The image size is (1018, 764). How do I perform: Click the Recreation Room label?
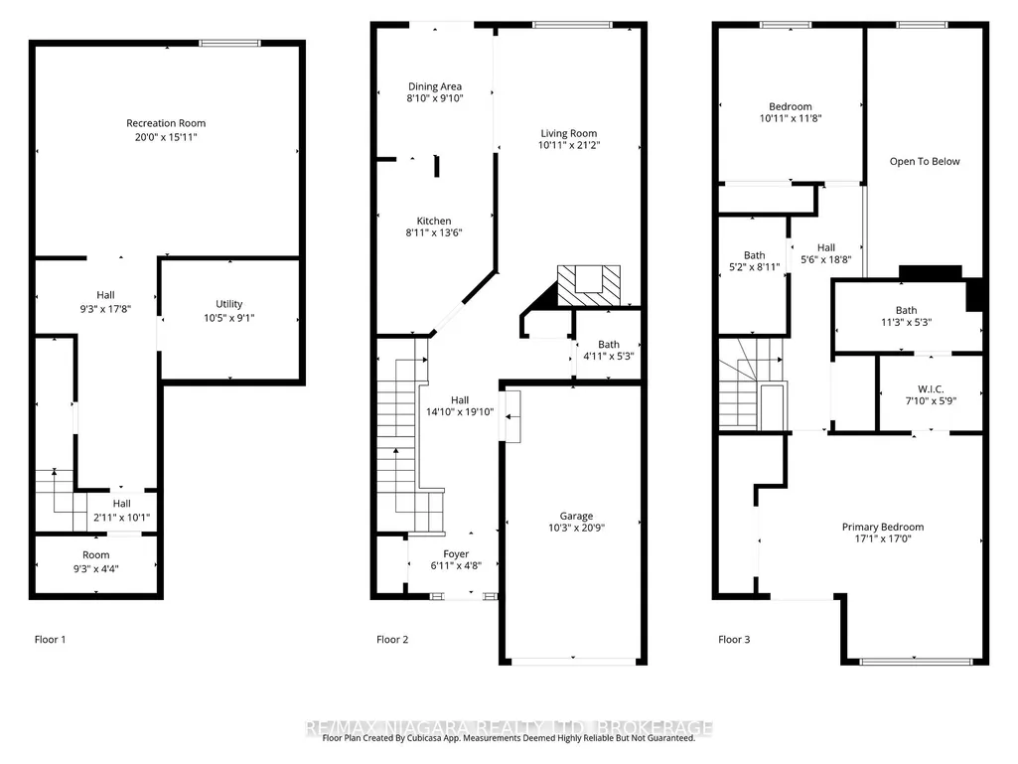tap(166, 123)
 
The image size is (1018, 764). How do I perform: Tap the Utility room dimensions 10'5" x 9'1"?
tap(229, 318)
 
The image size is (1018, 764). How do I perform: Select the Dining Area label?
tap(435, 86)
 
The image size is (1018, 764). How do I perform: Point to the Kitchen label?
tap(434, 221)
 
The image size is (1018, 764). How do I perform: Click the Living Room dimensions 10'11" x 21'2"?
tap(569, 145)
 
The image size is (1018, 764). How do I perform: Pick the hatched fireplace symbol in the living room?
tap(589, 285)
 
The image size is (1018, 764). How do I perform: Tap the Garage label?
tap(576, 516)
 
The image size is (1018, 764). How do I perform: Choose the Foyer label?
tap(456, 554)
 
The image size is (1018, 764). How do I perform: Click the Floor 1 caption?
tap(50, 639)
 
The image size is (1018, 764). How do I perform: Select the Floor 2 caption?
tap(392, 639)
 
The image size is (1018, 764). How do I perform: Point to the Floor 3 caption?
tap(734, 639)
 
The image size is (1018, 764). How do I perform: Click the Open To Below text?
tap(925, 161)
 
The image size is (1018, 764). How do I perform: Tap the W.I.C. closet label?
tap(931, 389)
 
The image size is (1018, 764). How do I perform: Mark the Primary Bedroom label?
tap(883, 527)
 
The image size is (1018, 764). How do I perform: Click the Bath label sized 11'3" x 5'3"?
tap(907, 311)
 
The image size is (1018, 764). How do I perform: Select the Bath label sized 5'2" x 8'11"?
tap(755, 255)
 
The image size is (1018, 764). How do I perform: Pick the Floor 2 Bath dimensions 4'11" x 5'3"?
tap(609, 356)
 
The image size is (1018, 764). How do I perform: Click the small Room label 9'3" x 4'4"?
tap(96, 554)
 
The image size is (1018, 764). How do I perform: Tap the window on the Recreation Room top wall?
tap(229, 44)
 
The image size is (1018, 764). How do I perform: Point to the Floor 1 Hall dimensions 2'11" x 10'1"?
tap(121, 518)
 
